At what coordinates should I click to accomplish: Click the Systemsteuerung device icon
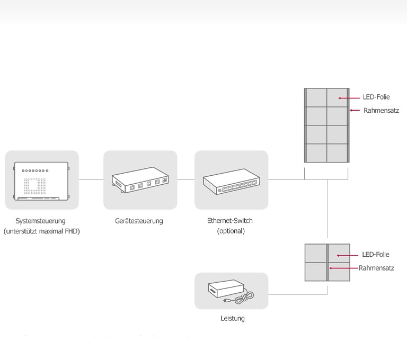coord(42,181)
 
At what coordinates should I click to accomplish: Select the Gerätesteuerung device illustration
coord(140,180)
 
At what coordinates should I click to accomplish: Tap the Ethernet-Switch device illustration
coord(232,181)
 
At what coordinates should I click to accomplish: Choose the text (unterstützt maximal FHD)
coord(42,231)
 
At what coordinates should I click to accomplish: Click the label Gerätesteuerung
coord(139,221)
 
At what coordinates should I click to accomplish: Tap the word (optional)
coord(231,231)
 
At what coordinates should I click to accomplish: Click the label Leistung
coord(233,319)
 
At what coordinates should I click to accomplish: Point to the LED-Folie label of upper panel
coord(376,97)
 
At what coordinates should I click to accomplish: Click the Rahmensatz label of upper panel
coord(381,111)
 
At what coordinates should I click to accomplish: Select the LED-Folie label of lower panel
coord(376,255)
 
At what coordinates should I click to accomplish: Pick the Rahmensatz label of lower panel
coord(376,268)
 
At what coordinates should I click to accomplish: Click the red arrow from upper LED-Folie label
coord(349,98)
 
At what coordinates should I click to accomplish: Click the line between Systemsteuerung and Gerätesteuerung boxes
coord(91,179)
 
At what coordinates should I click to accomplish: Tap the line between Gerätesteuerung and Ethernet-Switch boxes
coord(185,179)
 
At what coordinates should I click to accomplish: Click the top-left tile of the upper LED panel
coord(316,97)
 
